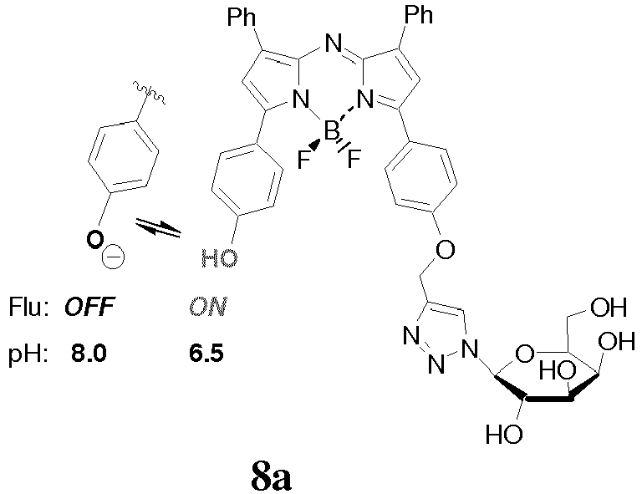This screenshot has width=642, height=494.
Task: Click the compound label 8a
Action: click(x=271, y=476)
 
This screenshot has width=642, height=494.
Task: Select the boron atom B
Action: click(x=331, y=131)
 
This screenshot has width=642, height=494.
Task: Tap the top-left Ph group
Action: click(x=242, y=18)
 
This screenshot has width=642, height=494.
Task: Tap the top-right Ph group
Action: click(x=419, y=15)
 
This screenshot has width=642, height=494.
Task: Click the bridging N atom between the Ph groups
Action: click(x=334, y=43)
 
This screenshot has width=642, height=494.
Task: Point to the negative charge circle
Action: click(x=113, y=257)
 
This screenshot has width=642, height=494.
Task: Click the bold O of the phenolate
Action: click(x=94, y=239)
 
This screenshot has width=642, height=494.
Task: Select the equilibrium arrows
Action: click(x=158, y=227)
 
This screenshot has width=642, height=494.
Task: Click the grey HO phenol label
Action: click(x=219, y=258)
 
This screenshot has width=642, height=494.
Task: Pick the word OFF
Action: click(x=89, y=307)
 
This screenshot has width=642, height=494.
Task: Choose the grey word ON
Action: click(x=208, y=307)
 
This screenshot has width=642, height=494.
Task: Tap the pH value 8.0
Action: click(x=89, y=354)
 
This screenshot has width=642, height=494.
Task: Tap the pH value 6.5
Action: click(x=206, y=354)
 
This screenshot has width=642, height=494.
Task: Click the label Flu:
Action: click(x=28, y=307)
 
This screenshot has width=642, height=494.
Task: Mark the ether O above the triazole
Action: click(x=445, y=249)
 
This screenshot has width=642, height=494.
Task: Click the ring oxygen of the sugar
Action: click(x=525, y=354)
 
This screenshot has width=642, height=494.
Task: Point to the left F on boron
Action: click(x=303, y=160)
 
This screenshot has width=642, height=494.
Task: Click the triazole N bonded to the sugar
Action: click(x=470, y=349)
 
